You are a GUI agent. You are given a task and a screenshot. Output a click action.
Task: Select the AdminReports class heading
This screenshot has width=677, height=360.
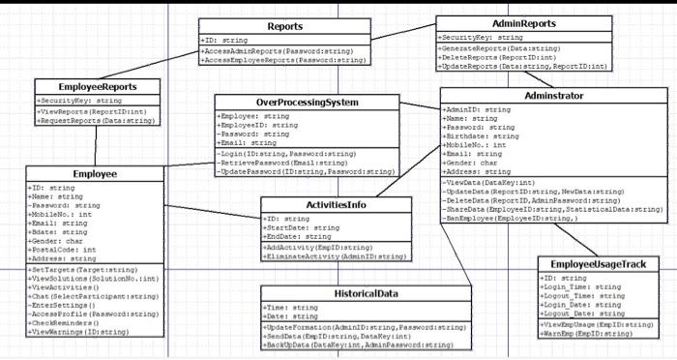click(x=523, y=22)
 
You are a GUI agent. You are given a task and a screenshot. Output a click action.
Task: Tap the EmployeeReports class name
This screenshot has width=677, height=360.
click(x=98, y=87)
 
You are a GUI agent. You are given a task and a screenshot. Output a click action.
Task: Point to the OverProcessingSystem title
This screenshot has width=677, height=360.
click(x=308, y=102)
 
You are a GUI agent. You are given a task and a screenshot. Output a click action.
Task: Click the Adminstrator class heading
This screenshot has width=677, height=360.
click(x=550, y=97)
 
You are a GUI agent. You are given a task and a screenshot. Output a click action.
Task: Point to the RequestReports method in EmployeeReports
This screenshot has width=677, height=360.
click(x=96, y=121)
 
